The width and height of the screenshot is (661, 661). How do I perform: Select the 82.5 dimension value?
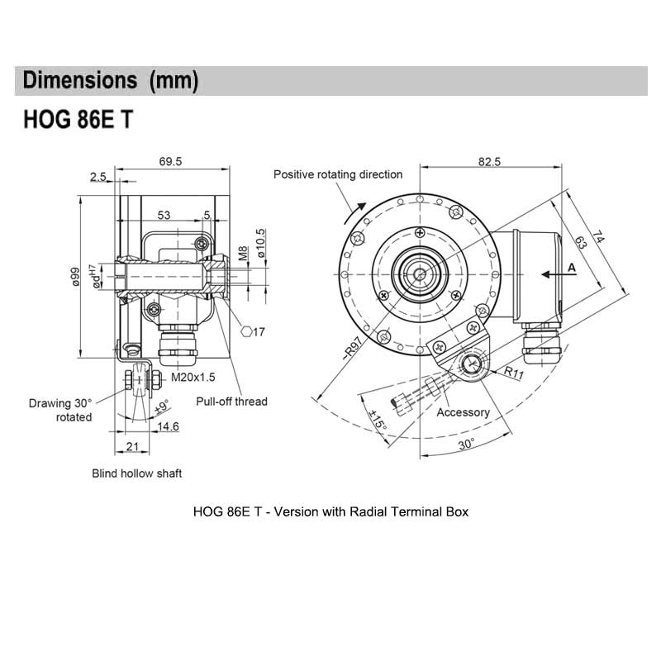(x=489, y=162)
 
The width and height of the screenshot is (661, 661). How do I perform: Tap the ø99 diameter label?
(x=74, y=275)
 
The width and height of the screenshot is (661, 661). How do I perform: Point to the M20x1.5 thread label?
(x=193, y=378)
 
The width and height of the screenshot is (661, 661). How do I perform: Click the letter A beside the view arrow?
(x=571, y=268)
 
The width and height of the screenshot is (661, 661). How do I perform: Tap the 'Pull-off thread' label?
(x=231, y=402)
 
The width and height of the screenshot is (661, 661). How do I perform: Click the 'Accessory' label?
(x=463, y=412)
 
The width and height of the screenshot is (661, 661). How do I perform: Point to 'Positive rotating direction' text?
(x=338, y=174)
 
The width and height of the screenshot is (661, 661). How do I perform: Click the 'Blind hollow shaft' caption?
(x=136, y=473)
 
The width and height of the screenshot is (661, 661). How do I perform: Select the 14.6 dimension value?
(x=169, y=427)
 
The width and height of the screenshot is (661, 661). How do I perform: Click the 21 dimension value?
(x=131, y=447)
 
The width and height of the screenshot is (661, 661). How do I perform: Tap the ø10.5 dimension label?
(x=261, y=244)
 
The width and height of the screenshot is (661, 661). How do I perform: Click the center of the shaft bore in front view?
(x=420, y=274)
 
